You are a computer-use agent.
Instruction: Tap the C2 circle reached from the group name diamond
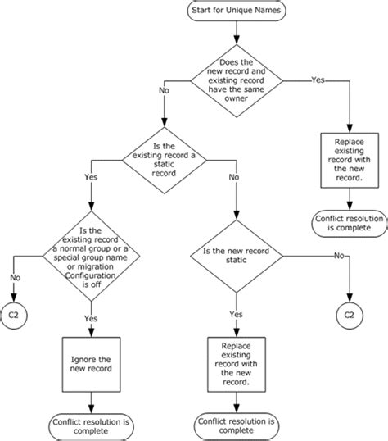click(x=15, y=313)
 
